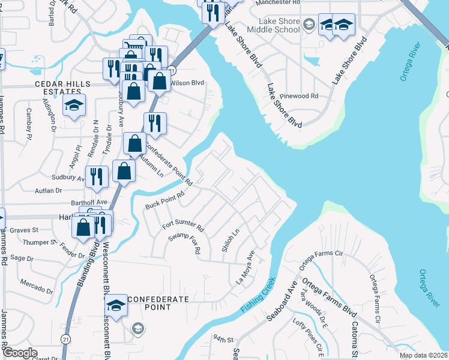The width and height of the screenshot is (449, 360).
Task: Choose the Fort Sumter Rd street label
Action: point(183,228)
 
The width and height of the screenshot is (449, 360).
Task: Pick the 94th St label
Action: point(224,340)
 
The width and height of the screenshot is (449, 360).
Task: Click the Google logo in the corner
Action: point(20,353)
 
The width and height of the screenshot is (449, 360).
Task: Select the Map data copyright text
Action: point(423,355)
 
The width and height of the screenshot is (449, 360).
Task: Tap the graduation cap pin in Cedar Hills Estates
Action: point(74,105)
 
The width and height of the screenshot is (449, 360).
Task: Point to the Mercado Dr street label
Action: point(37,281)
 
